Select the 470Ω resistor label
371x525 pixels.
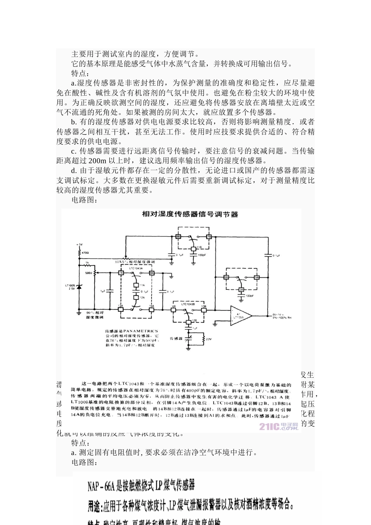coord(86,253)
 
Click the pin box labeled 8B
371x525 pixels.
coord(178,237)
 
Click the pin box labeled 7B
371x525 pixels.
coord(209,237)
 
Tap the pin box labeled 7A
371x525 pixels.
coord(121,273)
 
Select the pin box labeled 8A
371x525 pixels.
coord(152,273)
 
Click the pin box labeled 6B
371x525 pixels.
coord(226,277)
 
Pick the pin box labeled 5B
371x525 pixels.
coord(257,277)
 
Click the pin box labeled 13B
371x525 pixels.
coord(203,307)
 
